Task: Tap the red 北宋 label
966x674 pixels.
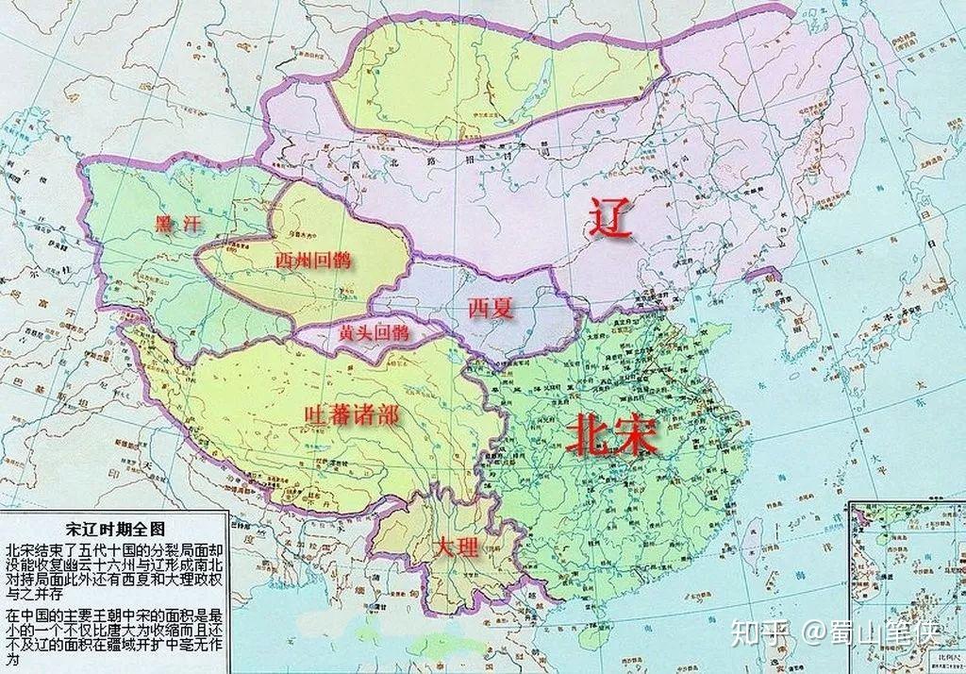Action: (611, 437)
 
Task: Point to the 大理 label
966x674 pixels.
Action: (456, 547)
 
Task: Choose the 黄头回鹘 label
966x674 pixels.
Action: (374, 332)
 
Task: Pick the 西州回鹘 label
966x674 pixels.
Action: (312, 260)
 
